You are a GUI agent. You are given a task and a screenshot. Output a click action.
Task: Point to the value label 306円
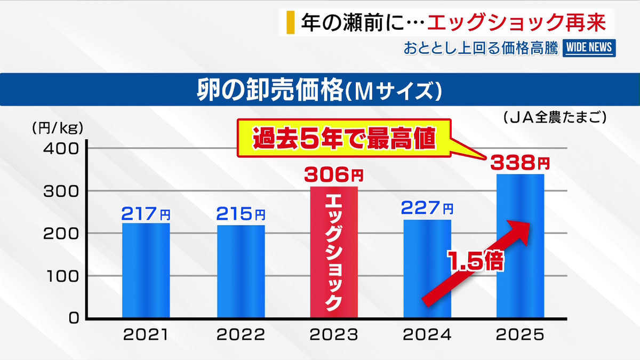(334, 174)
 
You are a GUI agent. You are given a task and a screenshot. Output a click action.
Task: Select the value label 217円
(146, 213)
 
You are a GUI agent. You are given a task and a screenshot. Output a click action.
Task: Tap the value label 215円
(241, 213)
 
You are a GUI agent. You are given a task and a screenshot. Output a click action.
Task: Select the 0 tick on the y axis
(73, 318)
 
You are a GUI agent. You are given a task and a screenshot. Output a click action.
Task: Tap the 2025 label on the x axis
(519, 335)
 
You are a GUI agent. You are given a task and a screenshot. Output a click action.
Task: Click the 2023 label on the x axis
(334, 335)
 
